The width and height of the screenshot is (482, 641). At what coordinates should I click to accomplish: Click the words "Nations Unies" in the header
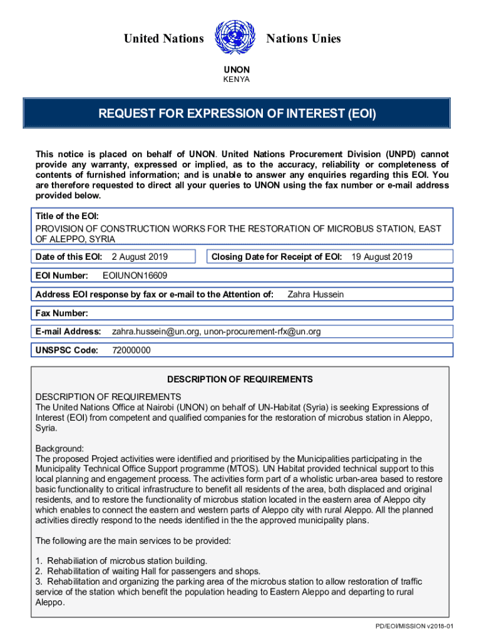coord(304,39)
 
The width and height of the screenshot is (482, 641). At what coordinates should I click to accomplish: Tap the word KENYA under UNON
coord(237,79)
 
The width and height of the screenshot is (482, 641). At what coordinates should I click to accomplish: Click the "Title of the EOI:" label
coord(66,216)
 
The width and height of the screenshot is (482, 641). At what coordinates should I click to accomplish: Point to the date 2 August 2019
coord(140,257)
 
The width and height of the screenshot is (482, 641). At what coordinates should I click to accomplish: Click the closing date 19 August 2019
coord(381,257)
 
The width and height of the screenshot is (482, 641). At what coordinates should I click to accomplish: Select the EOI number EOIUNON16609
coord(135,275)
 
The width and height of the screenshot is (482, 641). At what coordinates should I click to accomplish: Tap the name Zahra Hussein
coord(315,294)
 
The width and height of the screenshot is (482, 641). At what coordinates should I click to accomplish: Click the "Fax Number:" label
coord(61,313)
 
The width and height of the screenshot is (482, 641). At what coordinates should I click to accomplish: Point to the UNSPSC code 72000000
coord(131,350)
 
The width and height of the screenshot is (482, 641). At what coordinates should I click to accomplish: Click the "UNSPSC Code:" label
coord(67,350)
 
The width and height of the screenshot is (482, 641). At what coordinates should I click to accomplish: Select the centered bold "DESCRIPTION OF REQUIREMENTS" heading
coord(240,379)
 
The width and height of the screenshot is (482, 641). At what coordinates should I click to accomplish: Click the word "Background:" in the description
coord(59,449)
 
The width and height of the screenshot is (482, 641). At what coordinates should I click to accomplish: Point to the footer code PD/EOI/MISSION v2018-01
coord(414,626)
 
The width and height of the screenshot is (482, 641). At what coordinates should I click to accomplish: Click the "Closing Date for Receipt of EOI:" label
coord(277,257)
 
